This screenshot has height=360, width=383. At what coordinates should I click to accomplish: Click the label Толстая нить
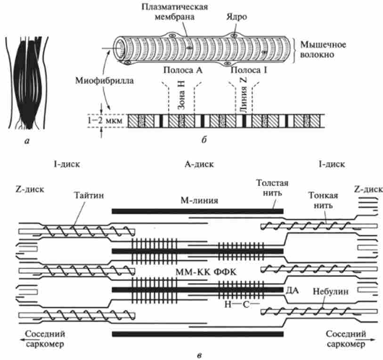pos(272,187)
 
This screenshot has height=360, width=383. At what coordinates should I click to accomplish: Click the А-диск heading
pos(199,165)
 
